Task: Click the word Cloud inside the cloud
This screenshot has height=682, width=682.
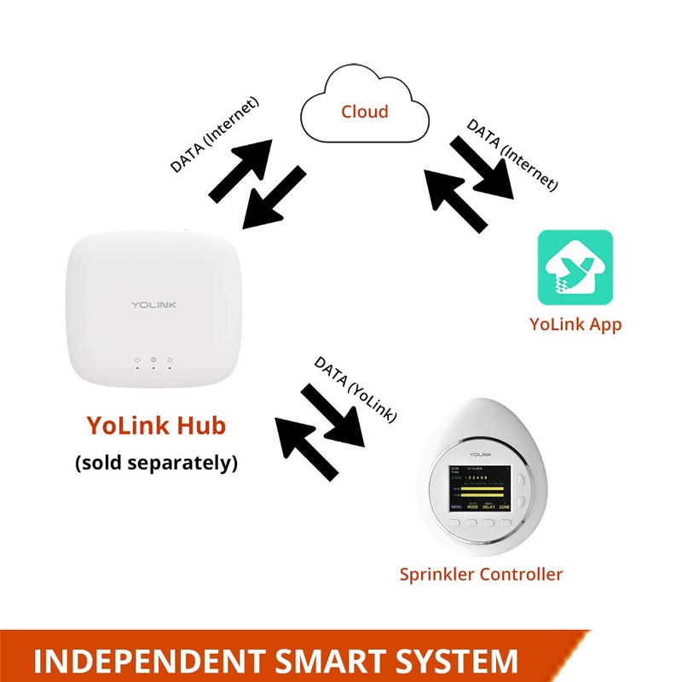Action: pos(364,111)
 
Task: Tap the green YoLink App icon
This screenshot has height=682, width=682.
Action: pos(575,268)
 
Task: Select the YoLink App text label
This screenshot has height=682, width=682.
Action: pos(575,324)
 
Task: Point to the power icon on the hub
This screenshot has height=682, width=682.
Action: pos(136,361)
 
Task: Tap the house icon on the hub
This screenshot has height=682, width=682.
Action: pos(153,361)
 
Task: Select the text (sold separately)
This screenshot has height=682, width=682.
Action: pos(156,463)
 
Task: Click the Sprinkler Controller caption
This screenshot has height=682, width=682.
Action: pos(481,574)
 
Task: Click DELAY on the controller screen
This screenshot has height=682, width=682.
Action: pos(488,506)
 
